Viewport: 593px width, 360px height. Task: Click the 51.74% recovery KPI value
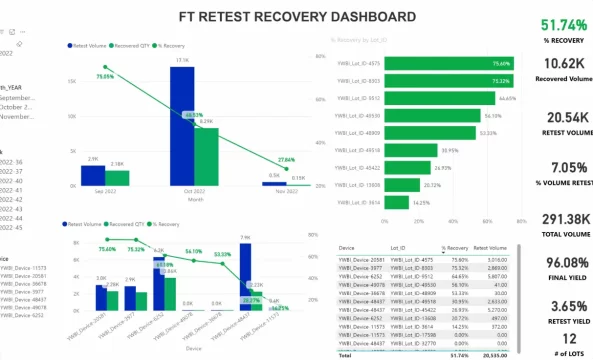[563, 25]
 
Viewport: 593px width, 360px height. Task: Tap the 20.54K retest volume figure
[563, 118]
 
